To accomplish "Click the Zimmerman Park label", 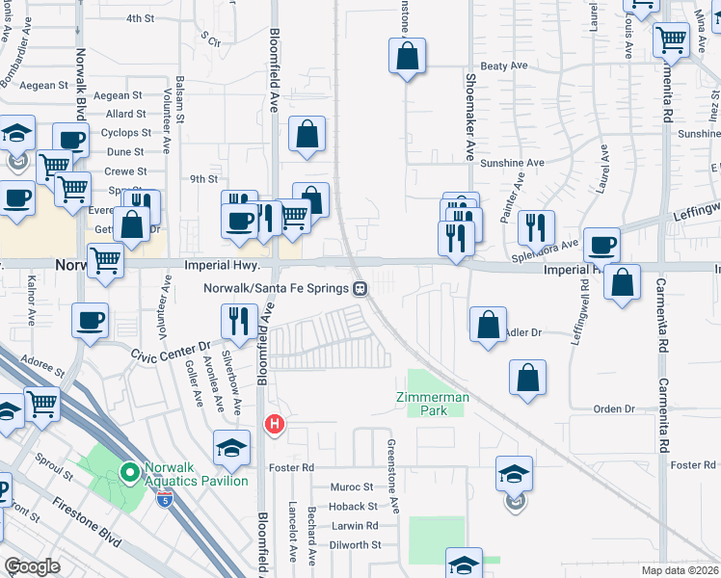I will click(433, 404).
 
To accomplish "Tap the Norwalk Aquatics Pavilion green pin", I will click(129, 472).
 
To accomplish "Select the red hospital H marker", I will click(275, 424).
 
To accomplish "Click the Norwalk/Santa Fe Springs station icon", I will click(360, 288).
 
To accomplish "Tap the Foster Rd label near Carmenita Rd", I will click(693, 465).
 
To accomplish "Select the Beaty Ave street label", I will click(505, 66).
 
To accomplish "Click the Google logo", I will click(32, 566).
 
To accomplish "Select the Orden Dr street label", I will click(614, 408).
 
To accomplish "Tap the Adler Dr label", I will click(523, 332).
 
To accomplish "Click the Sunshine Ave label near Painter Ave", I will click(513, 164).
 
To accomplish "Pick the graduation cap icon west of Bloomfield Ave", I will click(231, 447).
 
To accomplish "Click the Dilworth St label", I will click(356, 544).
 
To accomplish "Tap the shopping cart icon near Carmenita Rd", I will click(671, 40).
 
